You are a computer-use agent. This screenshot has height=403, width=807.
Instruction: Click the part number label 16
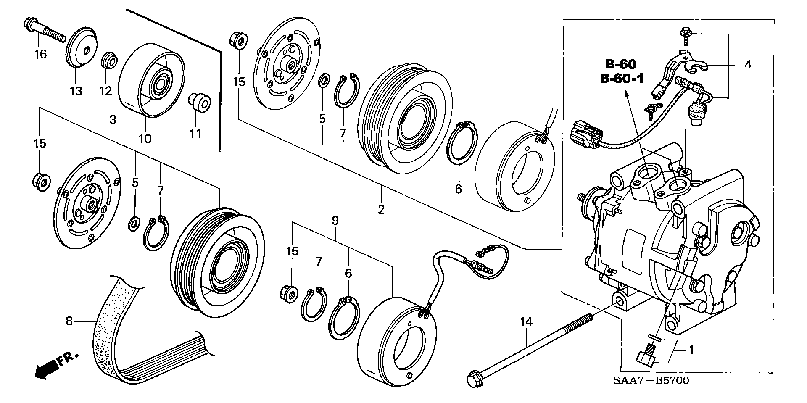pyautogui.click(x=41, y=54)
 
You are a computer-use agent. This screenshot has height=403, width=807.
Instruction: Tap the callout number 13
pyautogui.click(x=76, y=91)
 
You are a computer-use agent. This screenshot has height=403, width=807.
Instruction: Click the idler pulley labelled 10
pyautogui.click(x=150, y=79)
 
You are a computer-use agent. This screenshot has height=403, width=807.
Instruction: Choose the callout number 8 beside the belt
pyautogui.click(x=69, y=322)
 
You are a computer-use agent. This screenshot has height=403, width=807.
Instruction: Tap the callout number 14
pyautogui.click(x=526, y=322)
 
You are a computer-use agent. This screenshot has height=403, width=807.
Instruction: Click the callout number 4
pyautogui.click(x=748, y=64)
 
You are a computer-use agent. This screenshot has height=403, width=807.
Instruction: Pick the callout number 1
pyautogui.click(x=691, y=350)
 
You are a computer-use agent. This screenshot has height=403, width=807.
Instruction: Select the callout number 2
pyautogui.click(x=381, y=209)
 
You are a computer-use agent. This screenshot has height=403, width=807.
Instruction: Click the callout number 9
pyautogui.click(x=335, y=220)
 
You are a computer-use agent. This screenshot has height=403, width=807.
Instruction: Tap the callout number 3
pyautogui.click(x=112, y=120)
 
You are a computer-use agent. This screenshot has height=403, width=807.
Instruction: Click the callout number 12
pyautogui.click(x=105, y=91)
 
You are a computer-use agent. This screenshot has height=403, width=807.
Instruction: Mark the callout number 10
pyautogui.click(x=145, y=138)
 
